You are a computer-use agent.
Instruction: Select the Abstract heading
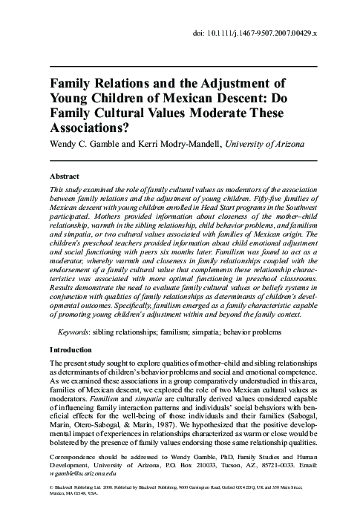pyautogui.click(x=65, y=178)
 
